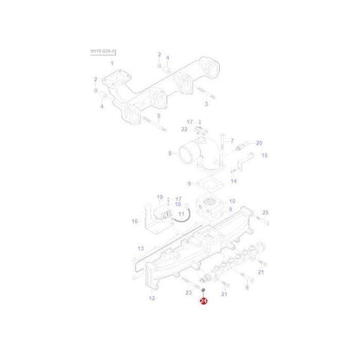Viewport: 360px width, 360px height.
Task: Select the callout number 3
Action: click(x=206, y=102)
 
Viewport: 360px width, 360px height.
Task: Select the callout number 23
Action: click(x=189, y=293)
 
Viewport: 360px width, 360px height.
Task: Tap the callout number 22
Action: click(x=184, y=129)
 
